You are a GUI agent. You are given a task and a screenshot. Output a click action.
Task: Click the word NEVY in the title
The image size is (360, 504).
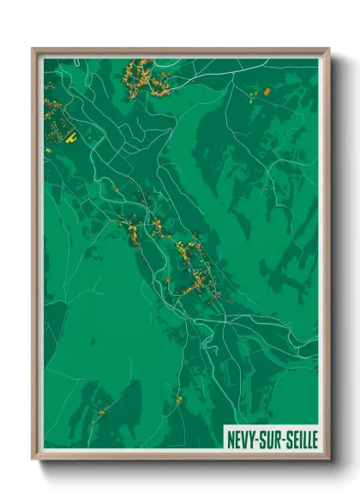point(242,440)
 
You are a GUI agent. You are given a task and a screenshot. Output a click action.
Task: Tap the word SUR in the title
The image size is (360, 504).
point(273,440)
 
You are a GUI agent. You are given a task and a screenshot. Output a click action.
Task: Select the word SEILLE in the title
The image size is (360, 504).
point(302,440)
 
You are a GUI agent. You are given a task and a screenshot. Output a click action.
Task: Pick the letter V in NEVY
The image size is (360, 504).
point(245,440)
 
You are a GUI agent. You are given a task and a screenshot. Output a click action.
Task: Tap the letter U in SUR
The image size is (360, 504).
point(273,440)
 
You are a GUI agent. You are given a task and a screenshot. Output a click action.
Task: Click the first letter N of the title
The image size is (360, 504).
point(231,440)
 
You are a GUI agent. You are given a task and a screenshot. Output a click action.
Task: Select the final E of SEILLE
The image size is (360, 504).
point(315,440)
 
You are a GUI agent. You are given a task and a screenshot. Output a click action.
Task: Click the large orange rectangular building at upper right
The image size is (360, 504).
point(267,90)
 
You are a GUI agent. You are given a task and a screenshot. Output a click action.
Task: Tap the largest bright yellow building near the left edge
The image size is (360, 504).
point(72,135)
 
